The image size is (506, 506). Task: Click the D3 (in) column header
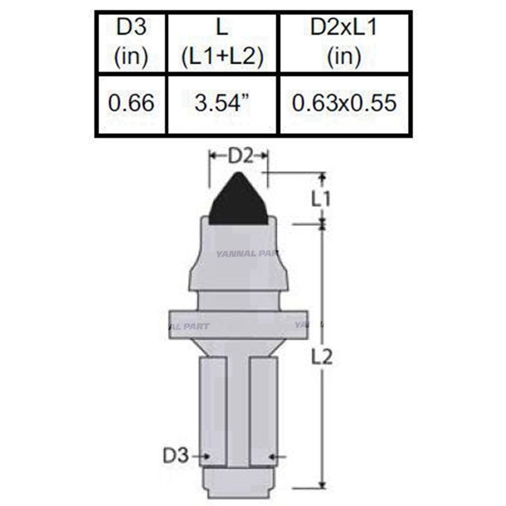tap(131, 44)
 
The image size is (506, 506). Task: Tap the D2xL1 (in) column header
tap(344, 44)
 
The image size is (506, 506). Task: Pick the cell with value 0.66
tap(131, 104)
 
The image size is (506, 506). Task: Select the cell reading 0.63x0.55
tap(345, 104)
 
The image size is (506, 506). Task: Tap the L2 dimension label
tap(322, 357)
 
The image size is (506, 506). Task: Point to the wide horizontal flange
tap(237, 324)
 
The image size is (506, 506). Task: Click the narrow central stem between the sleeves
tap(237, 405)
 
